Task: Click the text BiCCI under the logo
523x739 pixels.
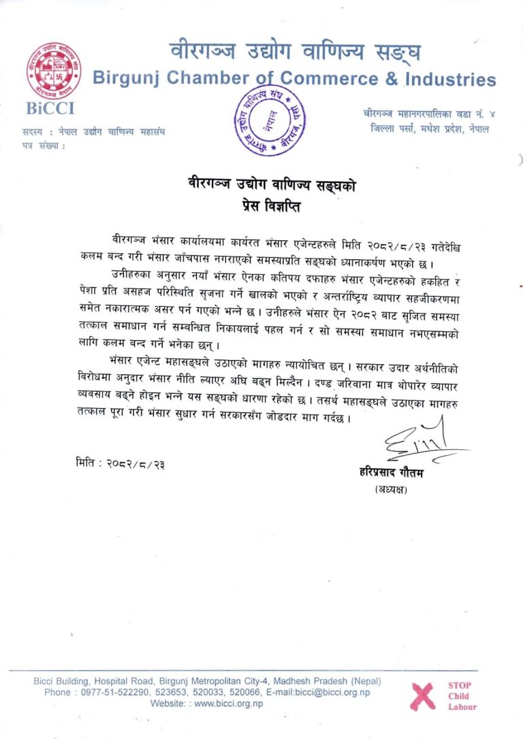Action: pos(50,108)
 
